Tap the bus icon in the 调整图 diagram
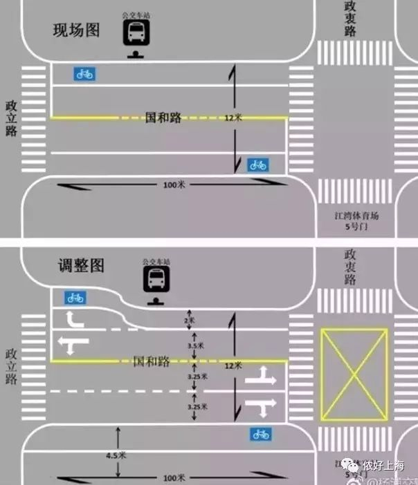click(x=156, y=280)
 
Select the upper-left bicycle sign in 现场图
click(x=84, y=74)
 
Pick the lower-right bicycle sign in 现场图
click(x=257, y=164)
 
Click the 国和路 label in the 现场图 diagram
click(x=164, y=117)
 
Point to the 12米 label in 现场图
click(x=233, y=118)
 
